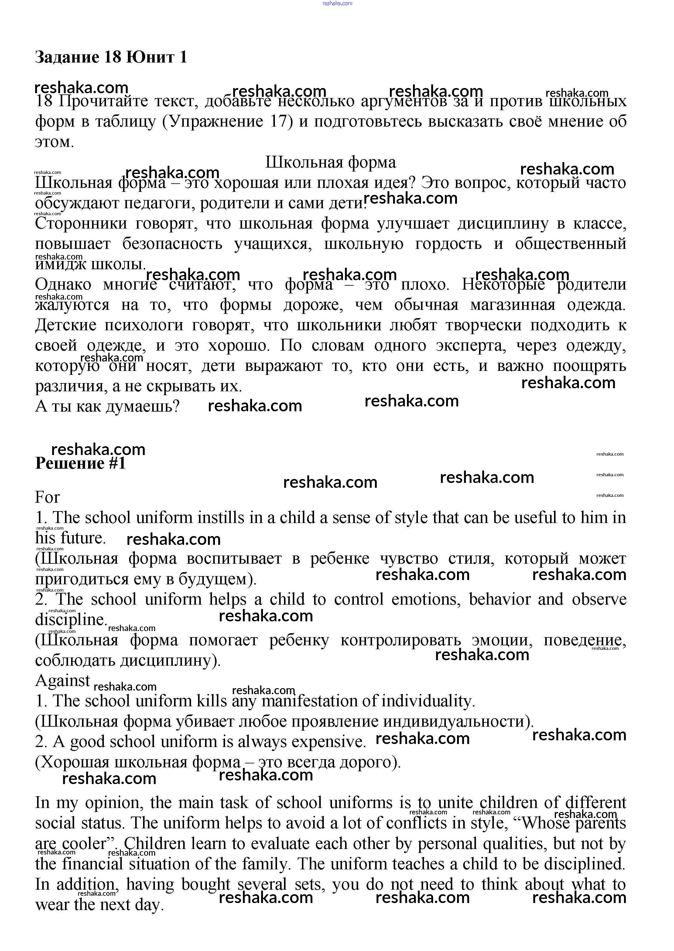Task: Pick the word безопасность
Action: (x=172, y=244)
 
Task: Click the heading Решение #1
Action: (x=80, y=463)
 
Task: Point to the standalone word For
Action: (x=47, y=497)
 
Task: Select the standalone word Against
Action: (x=62, y=681)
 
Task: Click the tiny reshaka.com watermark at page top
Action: (x=337, y=3)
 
